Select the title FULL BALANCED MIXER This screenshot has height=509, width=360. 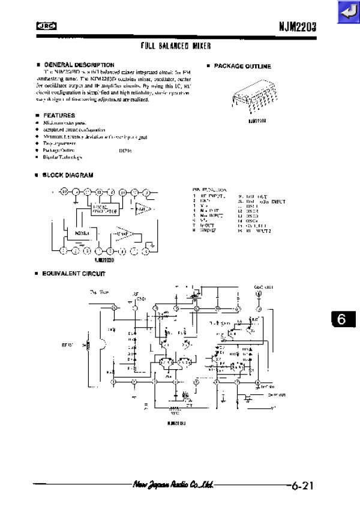(x=176, y=46)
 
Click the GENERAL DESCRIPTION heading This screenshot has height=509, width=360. (x=79, y=64)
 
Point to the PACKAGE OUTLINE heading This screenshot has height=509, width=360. (x=242, y=66)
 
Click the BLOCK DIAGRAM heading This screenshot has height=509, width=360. (x=68, y=175)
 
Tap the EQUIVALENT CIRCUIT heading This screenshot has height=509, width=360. (x=73, y=273)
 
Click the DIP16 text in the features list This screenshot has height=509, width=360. (x=125, y=150)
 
